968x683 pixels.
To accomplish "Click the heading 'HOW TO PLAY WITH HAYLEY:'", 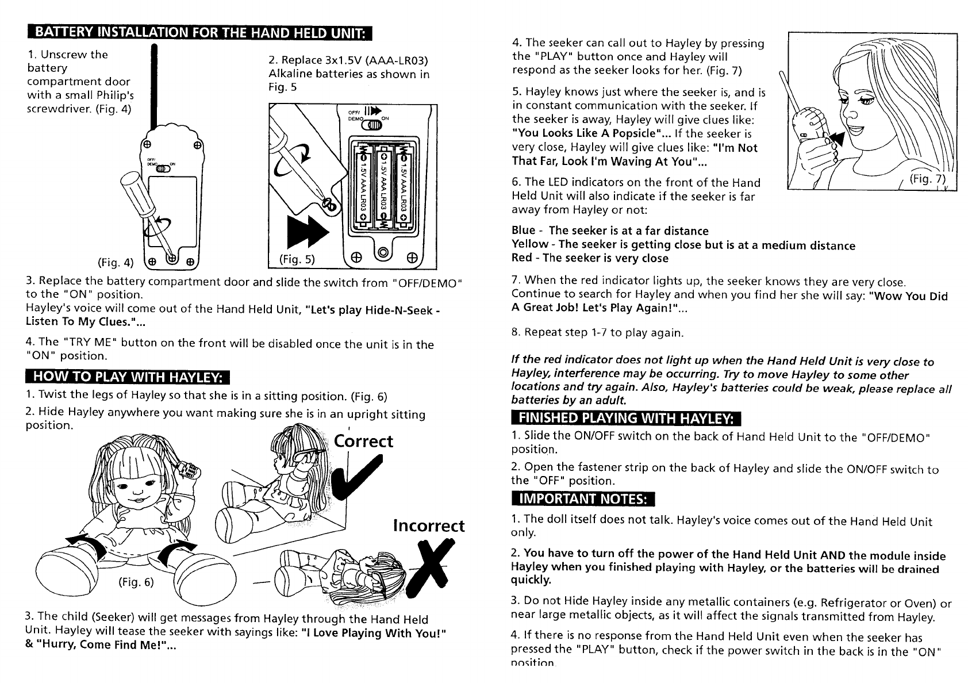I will click(x=127, y=377).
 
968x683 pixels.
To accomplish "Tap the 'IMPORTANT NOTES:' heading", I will click(x=580, y=497).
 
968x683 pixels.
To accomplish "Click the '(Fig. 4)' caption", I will click(x=116, y=263).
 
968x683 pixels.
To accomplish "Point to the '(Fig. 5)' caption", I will click(x=297, y=259).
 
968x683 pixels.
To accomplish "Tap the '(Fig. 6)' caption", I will click(x=136, y=581).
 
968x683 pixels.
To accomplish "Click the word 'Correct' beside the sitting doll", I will click(x=364, y=441).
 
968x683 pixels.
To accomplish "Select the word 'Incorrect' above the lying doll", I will click(x=428, y=525).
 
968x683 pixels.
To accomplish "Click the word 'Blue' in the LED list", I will click(x=523, y=231).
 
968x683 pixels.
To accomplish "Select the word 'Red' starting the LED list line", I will click(x=521, y=258).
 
